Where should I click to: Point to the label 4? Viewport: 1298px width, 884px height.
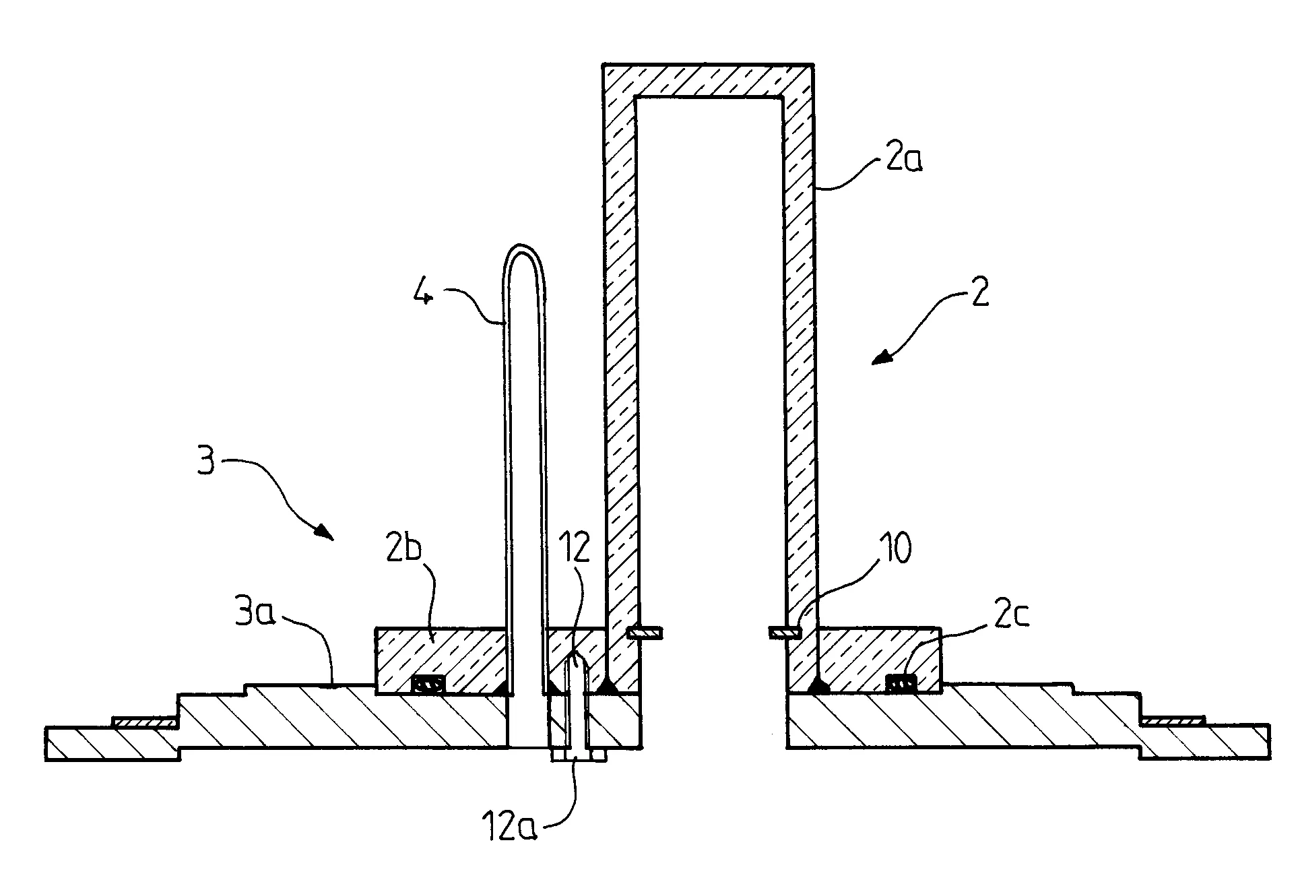click(x=422, y=294)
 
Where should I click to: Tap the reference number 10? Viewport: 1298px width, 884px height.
click(x=893, y=549)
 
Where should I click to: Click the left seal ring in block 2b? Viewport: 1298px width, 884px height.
click(x=428, y=685)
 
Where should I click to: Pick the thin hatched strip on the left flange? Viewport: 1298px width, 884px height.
click(x=145, y=723)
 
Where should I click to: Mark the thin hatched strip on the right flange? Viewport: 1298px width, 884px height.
click(x=1173, y=722)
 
